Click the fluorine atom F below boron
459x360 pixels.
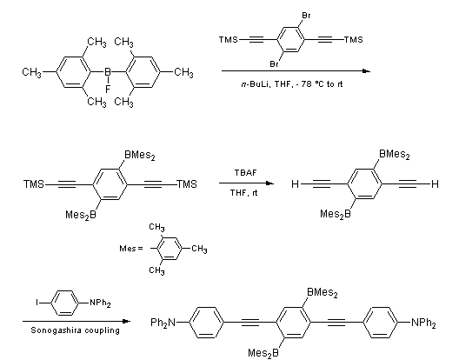[108, 90]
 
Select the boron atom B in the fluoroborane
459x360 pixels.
[108, 72]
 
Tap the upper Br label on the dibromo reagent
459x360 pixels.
[306, 16]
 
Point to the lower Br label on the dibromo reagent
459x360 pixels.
[275, 63]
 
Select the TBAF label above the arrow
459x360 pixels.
[245, 173]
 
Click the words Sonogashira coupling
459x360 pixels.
[76, 330]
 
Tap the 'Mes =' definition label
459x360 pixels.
[131, 249]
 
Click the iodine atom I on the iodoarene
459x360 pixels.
[37, 303]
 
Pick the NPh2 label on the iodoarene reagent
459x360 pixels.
[100, 303]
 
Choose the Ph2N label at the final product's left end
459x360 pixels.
[163, 323]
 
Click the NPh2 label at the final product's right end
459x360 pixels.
[423, 323]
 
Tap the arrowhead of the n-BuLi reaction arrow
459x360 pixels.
[367, 71]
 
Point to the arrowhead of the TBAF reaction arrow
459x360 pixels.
[269, 183]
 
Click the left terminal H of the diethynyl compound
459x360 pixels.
[295, 184]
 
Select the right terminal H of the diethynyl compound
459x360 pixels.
[435, 184]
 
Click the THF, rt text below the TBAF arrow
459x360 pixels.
[243, 193]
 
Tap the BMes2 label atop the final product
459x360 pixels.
[323, 293]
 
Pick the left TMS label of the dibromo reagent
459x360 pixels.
[229, 39]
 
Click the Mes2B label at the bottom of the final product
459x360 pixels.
[263, 353]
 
